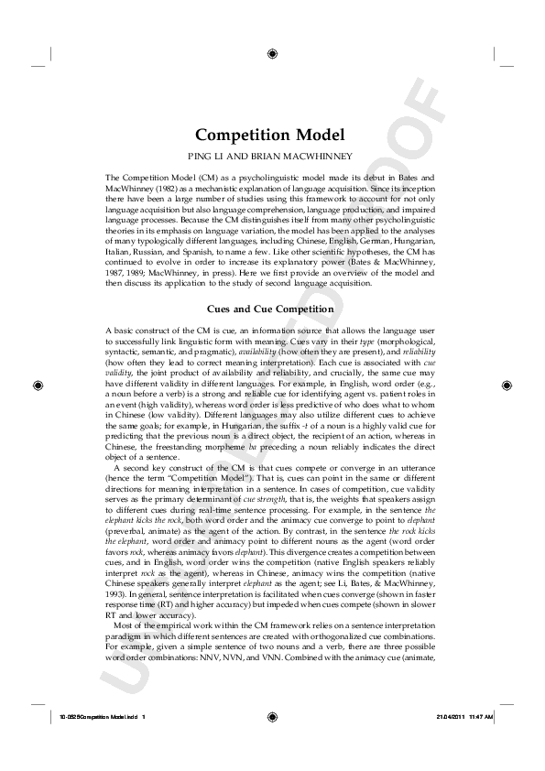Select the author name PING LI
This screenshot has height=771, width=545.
coord(230,157)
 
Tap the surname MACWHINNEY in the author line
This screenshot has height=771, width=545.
coord(317,157)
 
